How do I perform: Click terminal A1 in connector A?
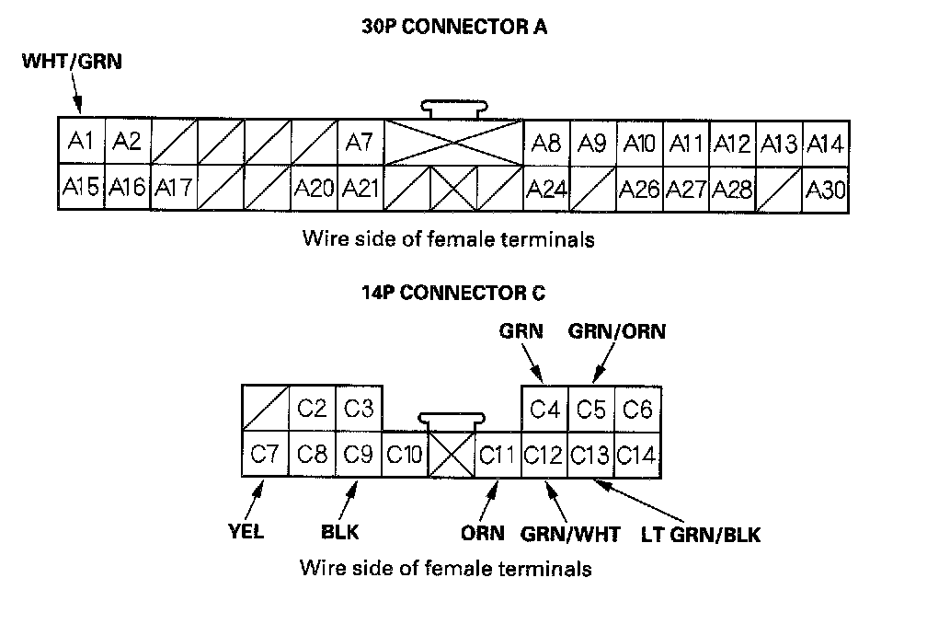(x=81, y=143)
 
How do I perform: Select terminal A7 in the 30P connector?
(x=360, y=143)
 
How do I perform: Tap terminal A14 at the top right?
(x=825, y=144)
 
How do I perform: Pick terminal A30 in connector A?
(x=825, y=190)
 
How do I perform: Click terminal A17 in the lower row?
(x=174, y=189)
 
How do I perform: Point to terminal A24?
(x=546, y=190)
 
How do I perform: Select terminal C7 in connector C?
(x=265, y=454)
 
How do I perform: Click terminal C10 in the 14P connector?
(x=405, y=454)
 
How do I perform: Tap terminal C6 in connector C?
(x=637, y=409)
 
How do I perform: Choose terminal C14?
(x=637, y=454)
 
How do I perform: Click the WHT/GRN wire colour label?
(x=72, y=63)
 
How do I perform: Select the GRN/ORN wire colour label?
(x=617, y=331)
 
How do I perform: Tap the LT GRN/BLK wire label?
(x=701, y=534)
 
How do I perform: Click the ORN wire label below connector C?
(x=482, y=534)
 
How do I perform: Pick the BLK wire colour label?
(x=339, y=533)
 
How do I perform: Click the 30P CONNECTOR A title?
(x=454, y=27)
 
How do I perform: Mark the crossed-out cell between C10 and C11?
(x=452, y=454)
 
